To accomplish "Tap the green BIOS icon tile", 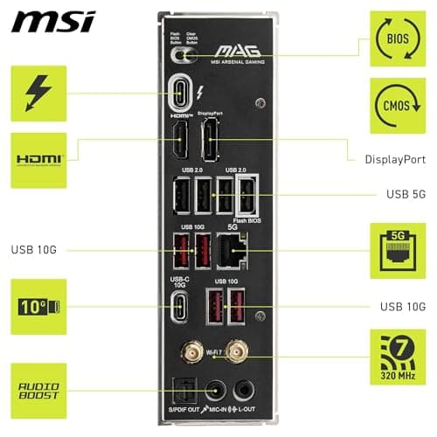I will pyautogui.click(x=398, y=38).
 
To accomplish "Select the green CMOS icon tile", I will pyautogui.click(x=398, y=105).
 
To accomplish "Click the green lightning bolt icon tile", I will pyautogui.click(x=38, y=94).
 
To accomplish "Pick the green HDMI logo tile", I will pyautogui.click(x=38, y=160).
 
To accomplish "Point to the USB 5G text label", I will pyautogui.click(x=405, y=193).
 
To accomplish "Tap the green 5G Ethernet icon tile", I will pyautogui.click(x=398, y=250).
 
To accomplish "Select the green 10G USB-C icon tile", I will pyautogui.click(x=38, y=307).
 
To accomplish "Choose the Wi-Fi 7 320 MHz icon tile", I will pyautogui.click(x=398, y=357).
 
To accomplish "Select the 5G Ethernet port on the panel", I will pyautogui.click(x=233, y=251).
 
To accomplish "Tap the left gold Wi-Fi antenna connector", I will pyautogui.click(x=189, y=351).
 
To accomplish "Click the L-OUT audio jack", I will pyautogui.click(x=246, y=388).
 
